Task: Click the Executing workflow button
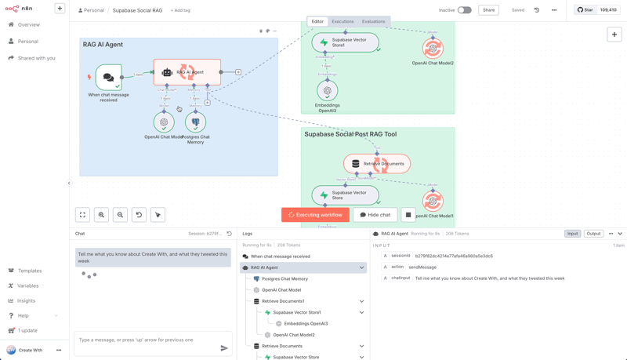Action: click(315, 215)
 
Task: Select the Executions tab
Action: click(342, 22)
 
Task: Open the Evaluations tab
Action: click(373, 22)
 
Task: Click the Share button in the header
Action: click(488, 10)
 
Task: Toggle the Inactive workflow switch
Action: click(465, 10)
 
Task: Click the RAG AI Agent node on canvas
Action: click(187, 72)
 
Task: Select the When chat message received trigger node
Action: click(109, 78)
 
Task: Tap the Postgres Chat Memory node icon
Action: click(195, 122)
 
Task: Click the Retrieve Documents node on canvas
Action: click(377, 164)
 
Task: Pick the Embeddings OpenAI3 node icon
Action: click(328, 91)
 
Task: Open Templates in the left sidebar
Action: click(30, 271)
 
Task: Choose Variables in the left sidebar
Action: click(27, 285)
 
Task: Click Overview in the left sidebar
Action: click(28, 25)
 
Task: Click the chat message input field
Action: click(146, 340)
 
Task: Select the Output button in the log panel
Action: click(593, 234)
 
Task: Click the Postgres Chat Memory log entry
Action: click(285, 278)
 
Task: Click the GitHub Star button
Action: click(585, 10)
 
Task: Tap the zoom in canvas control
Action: click(101, 215)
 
